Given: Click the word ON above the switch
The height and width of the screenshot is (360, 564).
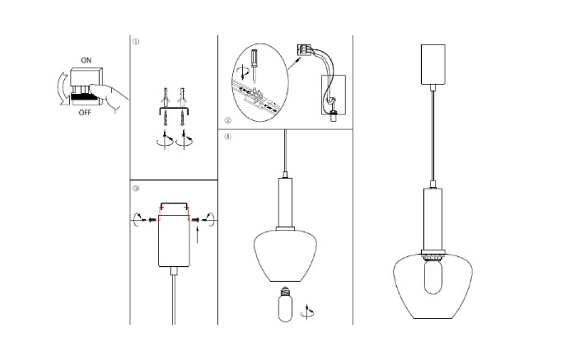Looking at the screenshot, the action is click(86, 60).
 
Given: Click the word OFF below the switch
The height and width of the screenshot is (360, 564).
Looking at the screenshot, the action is click(85, 113).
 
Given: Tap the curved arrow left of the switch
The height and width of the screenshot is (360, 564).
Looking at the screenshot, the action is click(61, 89).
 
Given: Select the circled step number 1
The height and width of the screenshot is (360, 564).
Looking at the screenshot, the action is click(135, 42).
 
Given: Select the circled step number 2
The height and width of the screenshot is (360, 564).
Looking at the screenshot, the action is click(227, 120).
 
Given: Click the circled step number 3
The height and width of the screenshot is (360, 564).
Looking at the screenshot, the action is click(135, 188).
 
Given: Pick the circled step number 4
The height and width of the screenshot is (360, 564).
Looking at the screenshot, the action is click(228, 137).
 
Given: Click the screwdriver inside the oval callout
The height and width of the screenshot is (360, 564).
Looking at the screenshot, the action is click(255, 67).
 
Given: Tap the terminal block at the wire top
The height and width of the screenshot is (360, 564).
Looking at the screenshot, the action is click(304, 49).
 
